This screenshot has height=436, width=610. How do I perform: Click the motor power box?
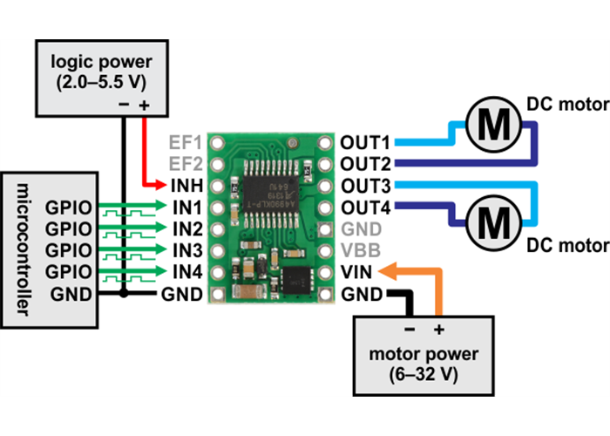pyautogui.click(x=424, y=355)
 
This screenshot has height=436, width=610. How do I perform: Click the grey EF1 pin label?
pyautogui.click(x=185, y=141)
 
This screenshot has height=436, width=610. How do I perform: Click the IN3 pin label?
pyautogui.click(x=186, y=250)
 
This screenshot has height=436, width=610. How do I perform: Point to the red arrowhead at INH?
pyautogui.click(x=160, y=185)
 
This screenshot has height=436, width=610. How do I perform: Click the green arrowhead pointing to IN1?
pyautogui.click(x=160, y=208)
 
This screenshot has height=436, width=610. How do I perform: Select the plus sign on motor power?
pyautogui.click(x=439, y=330)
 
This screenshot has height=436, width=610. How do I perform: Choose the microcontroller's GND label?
pyautogui.click(x=71, y=293)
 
